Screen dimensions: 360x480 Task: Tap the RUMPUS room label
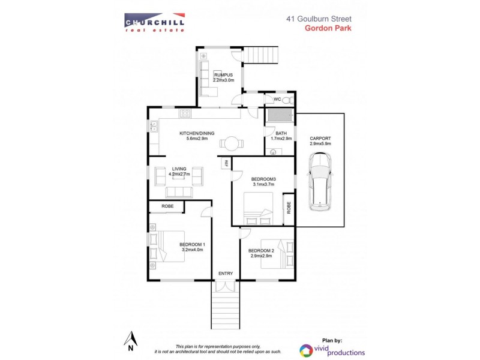[x=224, y=74]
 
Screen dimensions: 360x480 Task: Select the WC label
[x=277, y=99]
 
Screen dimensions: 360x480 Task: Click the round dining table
[x=230, y=143]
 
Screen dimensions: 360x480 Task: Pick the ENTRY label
[x=226, y=274]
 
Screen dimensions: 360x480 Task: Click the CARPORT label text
[x=320, y=139]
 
